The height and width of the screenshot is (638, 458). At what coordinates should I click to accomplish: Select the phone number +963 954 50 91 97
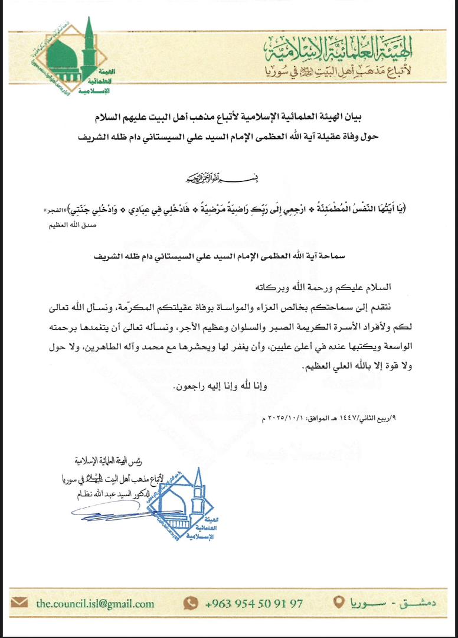pos(254,603)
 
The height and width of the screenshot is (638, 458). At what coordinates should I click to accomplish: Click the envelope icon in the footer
pos(19,603)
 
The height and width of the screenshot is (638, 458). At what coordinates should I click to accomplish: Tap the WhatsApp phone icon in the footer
pos(190,603)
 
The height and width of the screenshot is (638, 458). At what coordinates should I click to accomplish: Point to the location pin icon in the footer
pos(338,603)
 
